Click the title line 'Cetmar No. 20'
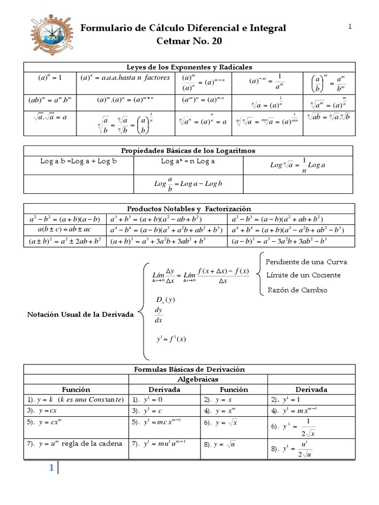(189, 41)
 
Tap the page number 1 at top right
(350, 27)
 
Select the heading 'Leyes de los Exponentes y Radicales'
(189, 67)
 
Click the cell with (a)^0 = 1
(49, 78)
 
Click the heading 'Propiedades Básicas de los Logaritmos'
(189, 150)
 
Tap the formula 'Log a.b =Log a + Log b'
(78, 161)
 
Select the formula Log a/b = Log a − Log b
(189, 184)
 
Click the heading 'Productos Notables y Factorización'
(189, 209)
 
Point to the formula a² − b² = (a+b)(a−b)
(65, 219)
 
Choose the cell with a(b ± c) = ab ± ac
(65, 230)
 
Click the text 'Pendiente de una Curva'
(300, 261)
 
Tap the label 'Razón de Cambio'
(297, 290)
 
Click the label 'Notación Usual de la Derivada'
(80, 315)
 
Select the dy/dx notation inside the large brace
(158, 315)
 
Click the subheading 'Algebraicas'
(197, 379)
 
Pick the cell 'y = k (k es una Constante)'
(76, 400)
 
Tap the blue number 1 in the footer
(50, 468)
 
